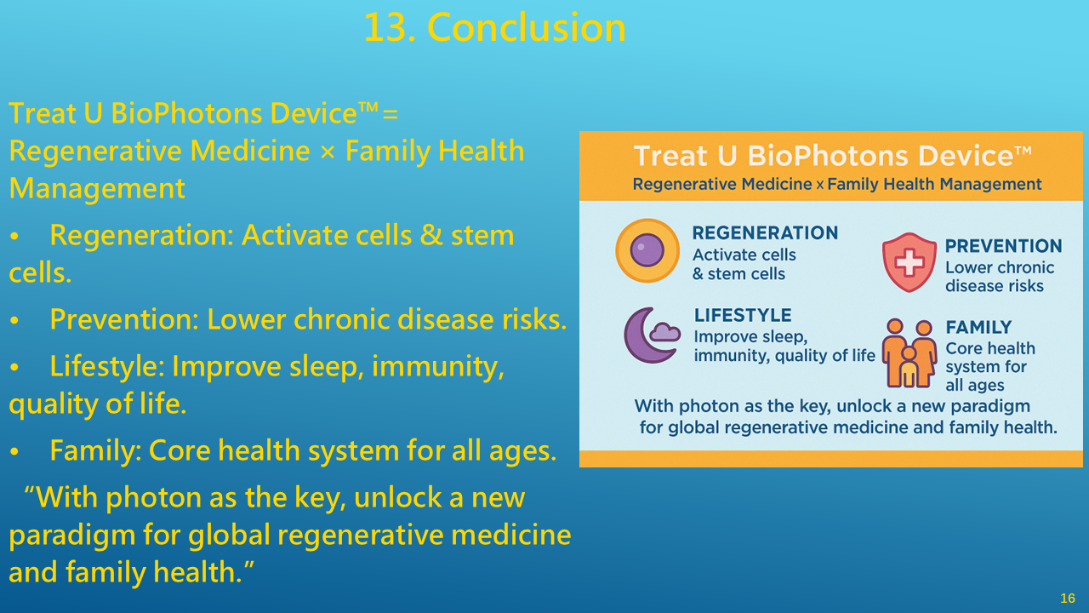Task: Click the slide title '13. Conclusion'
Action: (495, 28)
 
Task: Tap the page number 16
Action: (1068, 598)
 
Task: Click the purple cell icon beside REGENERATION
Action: (647, 250)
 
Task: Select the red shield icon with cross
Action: (909, 262)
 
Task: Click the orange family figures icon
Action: (909, 352)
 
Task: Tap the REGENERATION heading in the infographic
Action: (765, 233)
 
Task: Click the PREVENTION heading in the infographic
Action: (1003, 246)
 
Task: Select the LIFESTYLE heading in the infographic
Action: (743, 315)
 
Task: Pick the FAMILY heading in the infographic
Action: (978, 328)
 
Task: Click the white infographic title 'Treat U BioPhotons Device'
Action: (832, 156)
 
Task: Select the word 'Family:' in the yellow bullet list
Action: (96, 450)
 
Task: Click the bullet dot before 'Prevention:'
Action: (14, 321)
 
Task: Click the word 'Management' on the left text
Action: (97, 188)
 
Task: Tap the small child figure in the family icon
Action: (908, 367)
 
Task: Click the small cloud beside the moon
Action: (664, 332)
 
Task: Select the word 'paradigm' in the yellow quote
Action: (71, 536)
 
